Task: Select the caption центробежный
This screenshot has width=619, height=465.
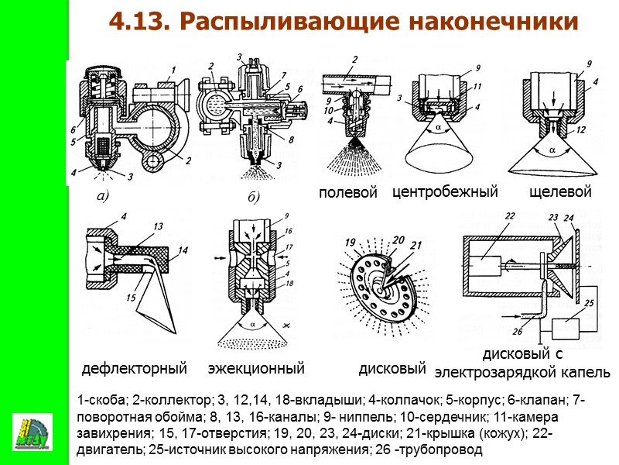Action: [x=444, y=191]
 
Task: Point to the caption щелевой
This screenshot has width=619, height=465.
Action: [x=560, y=191]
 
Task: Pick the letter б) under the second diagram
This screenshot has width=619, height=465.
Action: [x=253, y=198]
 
